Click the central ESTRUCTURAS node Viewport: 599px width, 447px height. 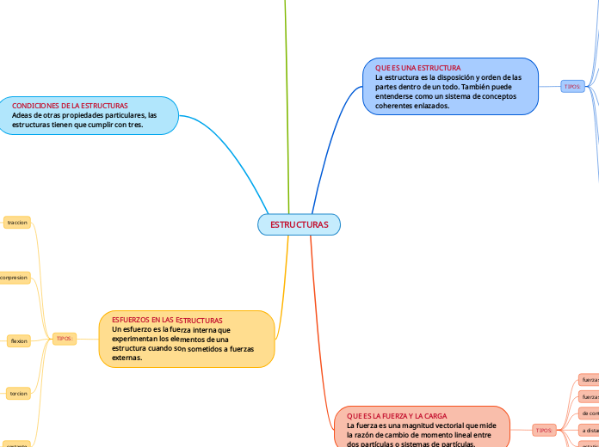click(299, 224)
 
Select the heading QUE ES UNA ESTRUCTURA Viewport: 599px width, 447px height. click(417, 67)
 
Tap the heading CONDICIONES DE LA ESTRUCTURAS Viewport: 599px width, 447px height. click(70, 105)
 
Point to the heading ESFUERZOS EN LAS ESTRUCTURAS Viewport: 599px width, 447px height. click(167, 320)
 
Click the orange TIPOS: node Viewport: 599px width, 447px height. click(65, 340)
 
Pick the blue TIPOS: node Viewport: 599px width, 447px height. click(572, 87)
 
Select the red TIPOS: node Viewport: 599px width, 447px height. click(544, 430)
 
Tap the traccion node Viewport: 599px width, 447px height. click(17, 223)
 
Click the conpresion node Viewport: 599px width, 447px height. click(14, 278)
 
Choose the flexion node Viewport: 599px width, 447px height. click(18, 341)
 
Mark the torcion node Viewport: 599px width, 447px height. click(18, 394)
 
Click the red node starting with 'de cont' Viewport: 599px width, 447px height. click(589, 413)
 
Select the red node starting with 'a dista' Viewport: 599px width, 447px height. click(589, 431)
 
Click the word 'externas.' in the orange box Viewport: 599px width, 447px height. click(127, 358)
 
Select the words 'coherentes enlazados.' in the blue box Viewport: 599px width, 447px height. click(412, 106)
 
